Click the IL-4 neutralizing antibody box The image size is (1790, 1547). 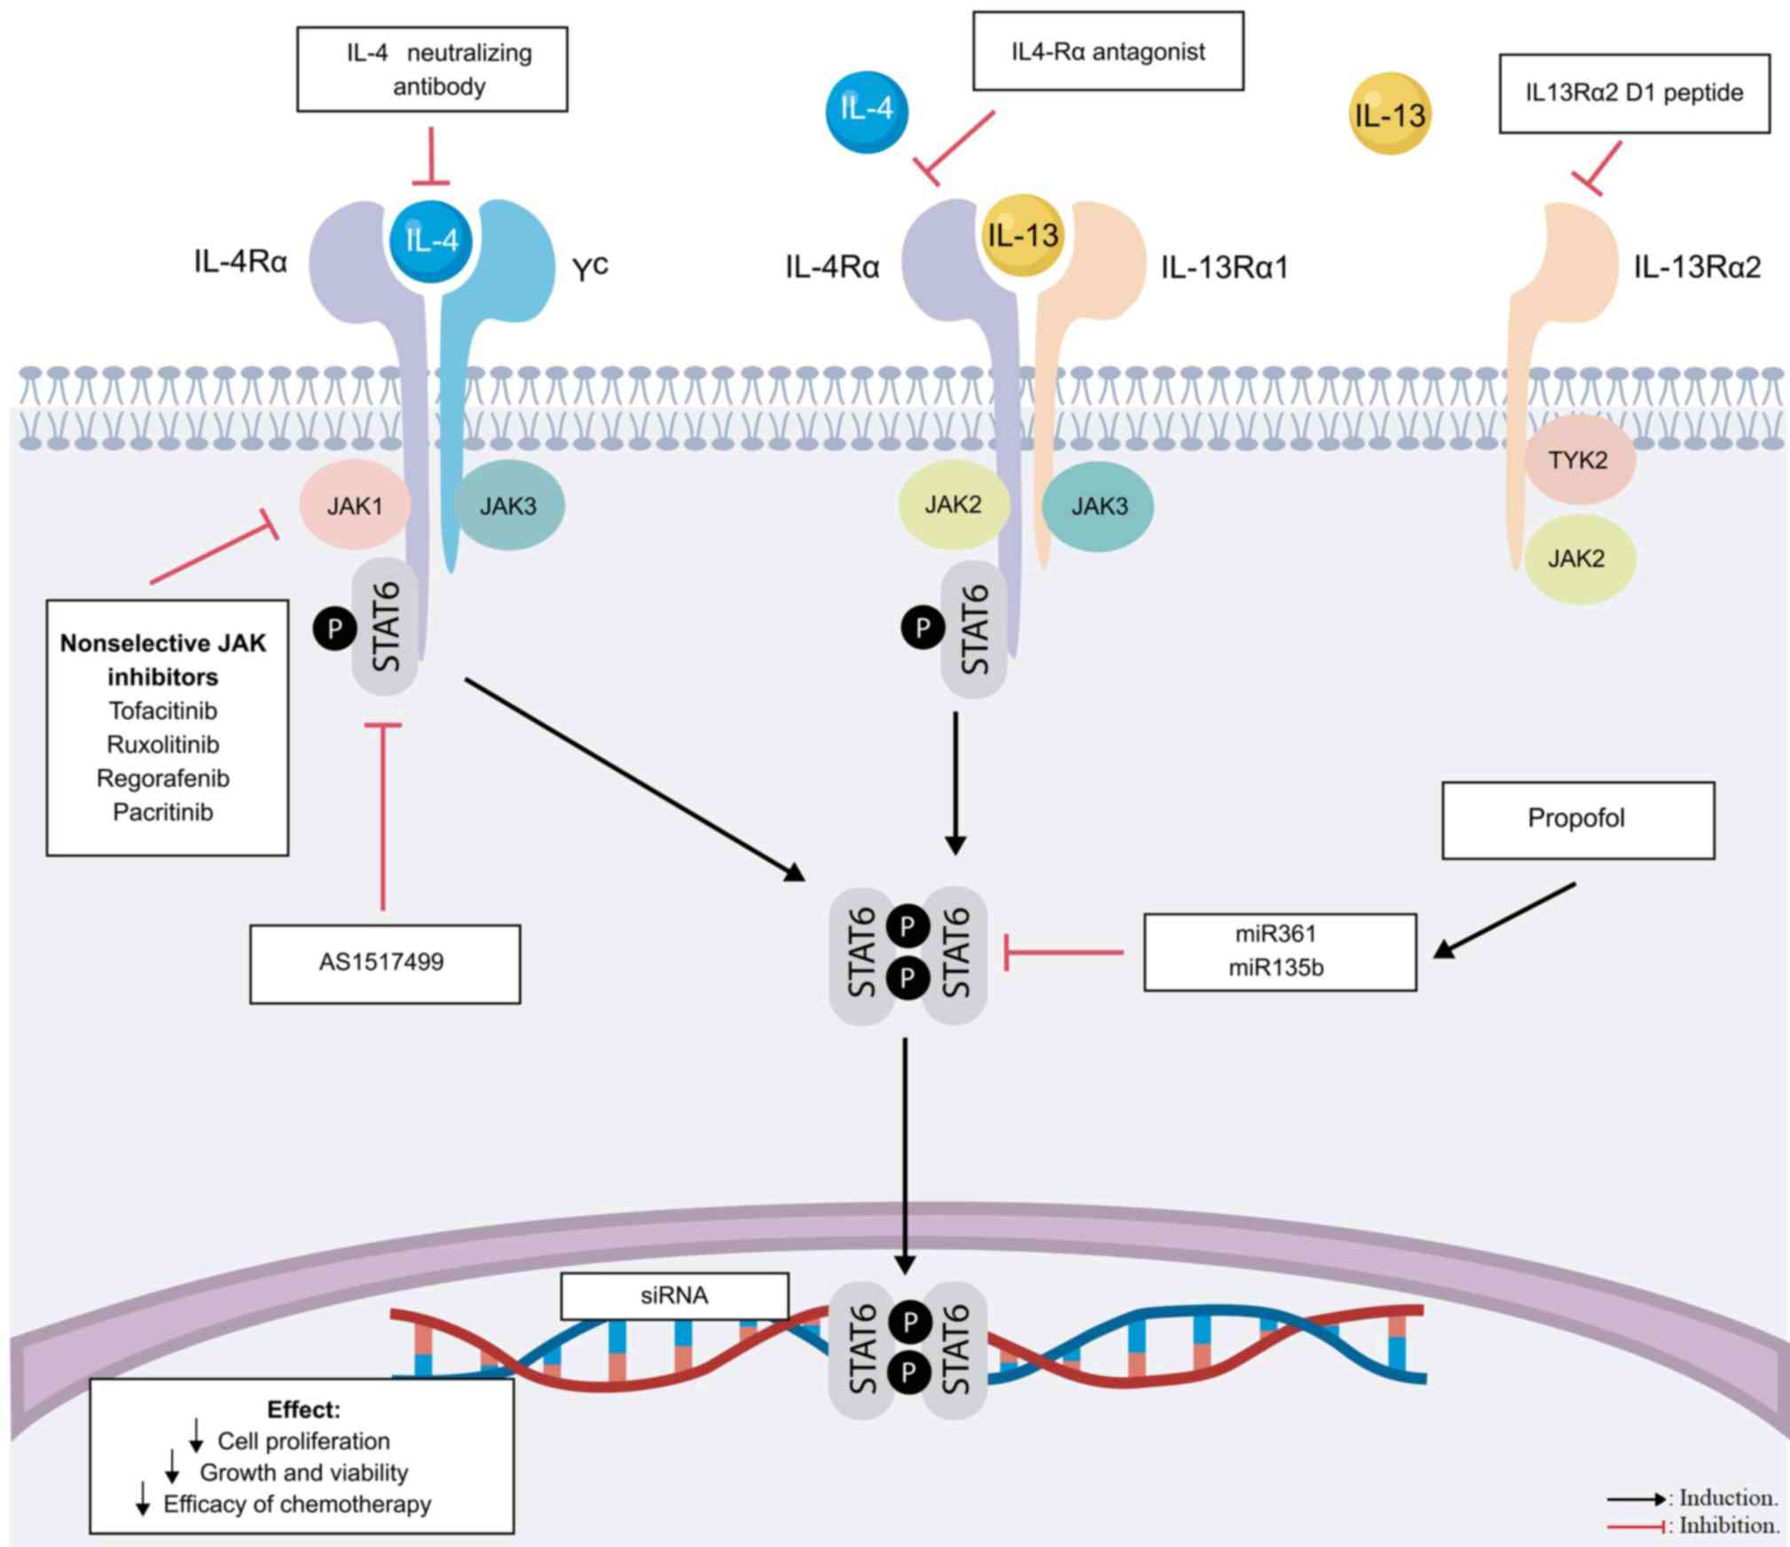click(432, 69)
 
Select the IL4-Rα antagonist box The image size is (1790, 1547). click(1108, 51)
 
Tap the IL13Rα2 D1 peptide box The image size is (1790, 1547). click(1634, 93)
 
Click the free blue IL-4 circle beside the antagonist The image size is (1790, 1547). click(867, 111)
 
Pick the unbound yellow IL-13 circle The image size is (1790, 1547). click(1389, 114)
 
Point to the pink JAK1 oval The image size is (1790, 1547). click(355, 506)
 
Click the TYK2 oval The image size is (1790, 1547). click(1578, 459)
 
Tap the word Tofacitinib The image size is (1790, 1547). click(163, 711)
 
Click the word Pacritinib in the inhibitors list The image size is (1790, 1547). click(163, 812)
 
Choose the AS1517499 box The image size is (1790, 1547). click(384, 963)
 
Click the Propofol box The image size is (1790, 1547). click(1577, 819)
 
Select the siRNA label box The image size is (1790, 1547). click(674, 1296)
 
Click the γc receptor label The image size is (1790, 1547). click(590, 267)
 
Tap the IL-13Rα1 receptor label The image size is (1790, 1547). click(1224, 267)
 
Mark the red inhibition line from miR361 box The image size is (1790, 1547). click(1064, 953)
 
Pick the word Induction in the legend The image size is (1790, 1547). click(1728, 1498)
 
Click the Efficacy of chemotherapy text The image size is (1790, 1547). click(297, 1504)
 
